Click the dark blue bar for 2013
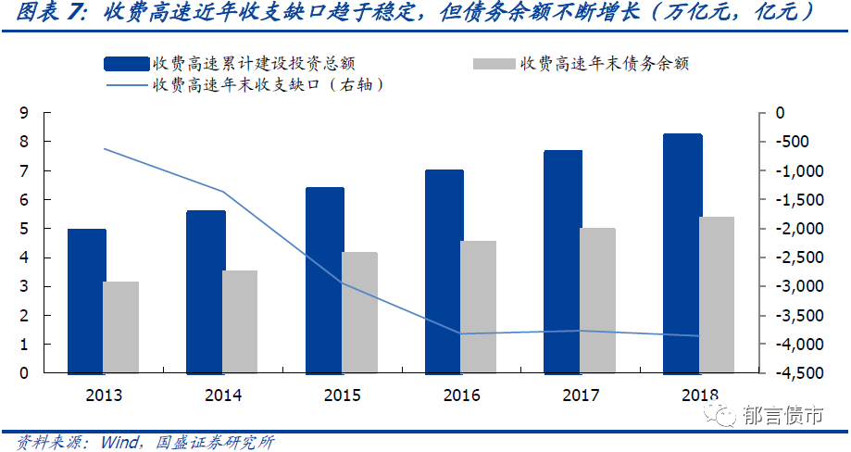(x=87, y=301)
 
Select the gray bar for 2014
(x=240, y=321)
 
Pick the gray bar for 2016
(x=478, y=307)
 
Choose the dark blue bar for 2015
(x=325, y=280)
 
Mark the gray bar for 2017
(x=597, y=300)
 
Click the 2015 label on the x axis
(x=343, y=395)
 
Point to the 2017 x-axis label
(x=581, y=395)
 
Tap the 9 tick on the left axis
(x=23, y=113)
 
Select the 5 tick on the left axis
(x=23, y=228)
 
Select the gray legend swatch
(x=494, y=63)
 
